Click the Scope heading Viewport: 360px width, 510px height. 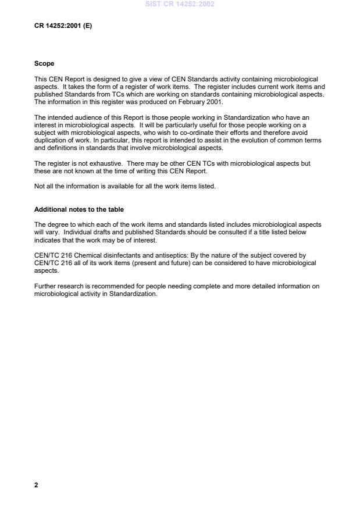(44, 64)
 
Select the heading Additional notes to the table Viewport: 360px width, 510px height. (79, 209)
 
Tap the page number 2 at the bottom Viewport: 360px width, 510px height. (36, 484)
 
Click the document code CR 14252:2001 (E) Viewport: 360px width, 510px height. (63, 26)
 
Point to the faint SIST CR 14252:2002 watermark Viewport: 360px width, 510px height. (180, 3)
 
